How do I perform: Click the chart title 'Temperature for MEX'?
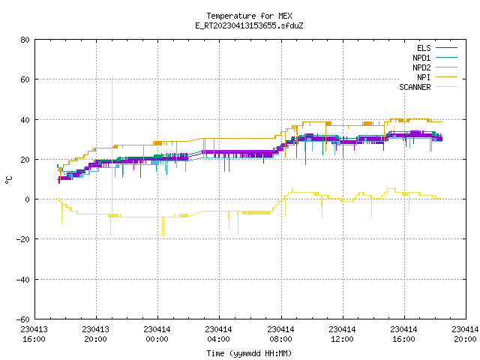coord(249,16)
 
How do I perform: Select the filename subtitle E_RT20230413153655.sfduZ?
coord(249,25)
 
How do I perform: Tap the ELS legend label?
coord(424,48)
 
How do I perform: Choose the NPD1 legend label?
coord(421,58)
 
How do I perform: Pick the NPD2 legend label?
coord(421,67)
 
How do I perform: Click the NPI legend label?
coord(424,77)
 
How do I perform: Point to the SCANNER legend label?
coord(415,87)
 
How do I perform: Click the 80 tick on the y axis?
coord(25,40)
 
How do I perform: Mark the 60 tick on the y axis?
coord(25,79)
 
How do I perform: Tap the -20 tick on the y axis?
coord(23,239)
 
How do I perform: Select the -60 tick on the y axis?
coord(23,319)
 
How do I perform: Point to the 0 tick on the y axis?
coord(28,199)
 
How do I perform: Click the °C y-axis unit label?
coord(8,180)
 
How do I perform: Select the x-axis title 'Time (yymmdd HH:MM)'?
coord(249,353)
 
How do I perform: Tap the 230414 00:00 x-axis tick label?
coord(157,334)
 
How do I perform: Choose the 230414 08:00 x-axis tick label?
coord(280,334)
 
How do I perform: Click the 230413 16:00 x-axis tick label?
coord(34,334)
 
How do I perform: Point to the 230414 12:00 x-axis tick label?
coord(342,334)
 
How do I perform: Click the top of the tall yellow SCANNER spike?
coord(112,76)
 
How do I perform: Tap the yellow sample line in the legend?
coord(447,87)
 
